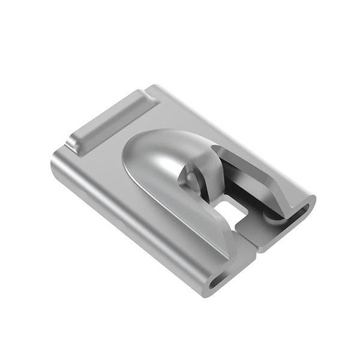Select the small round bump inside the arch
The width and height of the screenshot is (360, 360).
[191, 179]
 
